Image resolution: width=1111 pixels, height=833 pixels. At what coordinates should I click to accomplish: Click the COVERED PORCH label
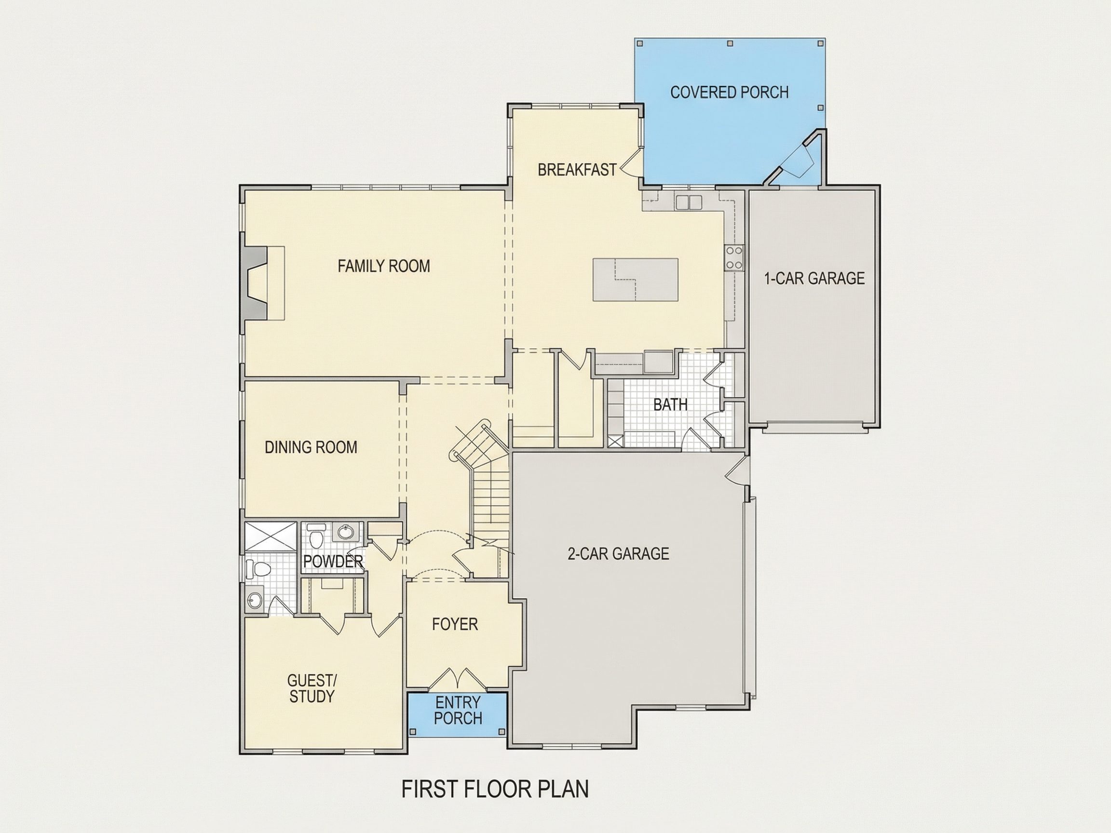click(x=729, y=93)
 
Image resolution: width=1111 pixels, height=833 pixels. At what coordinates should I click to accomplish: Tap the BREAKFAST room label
click(x=577, y=170)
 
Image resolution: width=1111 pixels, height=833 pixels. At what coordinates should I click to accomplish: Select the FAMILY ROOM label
click(x=384, y=266)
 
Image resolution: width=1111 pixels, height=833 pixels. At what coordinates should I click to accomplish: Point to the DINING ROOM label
click(x=311, y=447)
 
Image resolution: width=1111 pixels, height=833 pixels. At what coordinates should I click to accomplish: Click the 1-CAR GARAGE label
click(x=814, y=278)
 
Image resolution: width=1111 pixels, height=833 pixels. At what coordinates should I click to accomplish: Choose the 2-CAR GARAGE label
click(x=618, y=553)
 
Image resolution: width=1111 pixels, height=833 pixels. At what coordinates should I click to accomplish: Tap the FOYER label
click(x=455, y=624)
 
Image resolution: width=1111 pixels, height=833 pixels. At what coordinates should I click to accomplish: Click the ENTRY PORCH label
click(x=458, y=710)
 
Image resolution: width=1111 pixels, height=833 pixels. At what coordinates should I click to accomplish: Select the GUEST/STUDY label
click(x=312, y=688)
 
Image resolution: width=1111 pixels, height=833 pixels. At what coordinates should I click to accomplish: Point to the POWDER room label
click(x=333, y=561)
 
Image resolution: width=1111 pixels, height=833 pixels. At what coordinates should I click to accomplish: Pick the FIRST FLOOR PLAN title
click(x=495, y=789)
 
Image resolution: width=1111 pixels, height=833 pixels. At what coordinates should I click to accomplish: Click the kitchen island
click(x=636, y=280)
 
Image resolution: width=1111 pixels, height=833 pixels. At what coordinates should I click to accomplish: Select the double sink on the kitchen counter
click(x=689, y=202)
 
